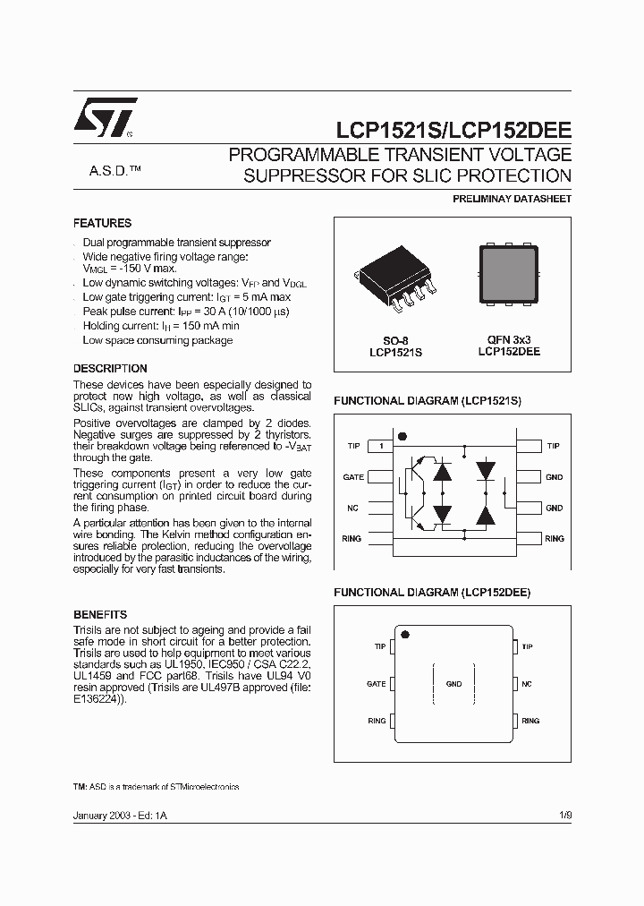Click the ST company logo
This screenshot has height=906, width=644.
coord(106,117)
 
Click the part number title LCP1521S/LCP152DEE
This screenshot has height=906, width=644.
coord(453,130)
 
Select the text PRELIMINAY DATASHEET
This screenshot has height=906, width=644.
coord(514,199)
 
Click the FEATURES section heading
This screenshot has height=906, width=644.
coord(102,223)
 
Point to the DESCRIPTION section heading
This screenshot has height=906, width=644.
coord(110,368)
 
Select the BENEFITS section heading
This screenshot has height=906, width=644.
coord(100,615)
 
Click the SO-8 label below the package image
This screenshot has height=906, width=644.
coord(395,340)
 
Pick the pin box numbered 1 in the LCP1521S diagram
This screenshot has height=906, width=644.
coord(380,446)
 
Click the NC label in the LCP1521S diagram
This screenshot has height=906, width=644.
coord(352,509)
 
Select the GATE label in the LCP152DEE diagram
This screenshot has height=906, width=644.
coord(376,684)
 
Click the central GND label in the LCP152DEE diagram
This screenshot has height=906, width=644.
coord(453,684)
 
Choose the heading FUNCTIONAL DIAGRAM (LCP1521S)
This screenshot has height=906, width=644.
coord(427,402)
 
